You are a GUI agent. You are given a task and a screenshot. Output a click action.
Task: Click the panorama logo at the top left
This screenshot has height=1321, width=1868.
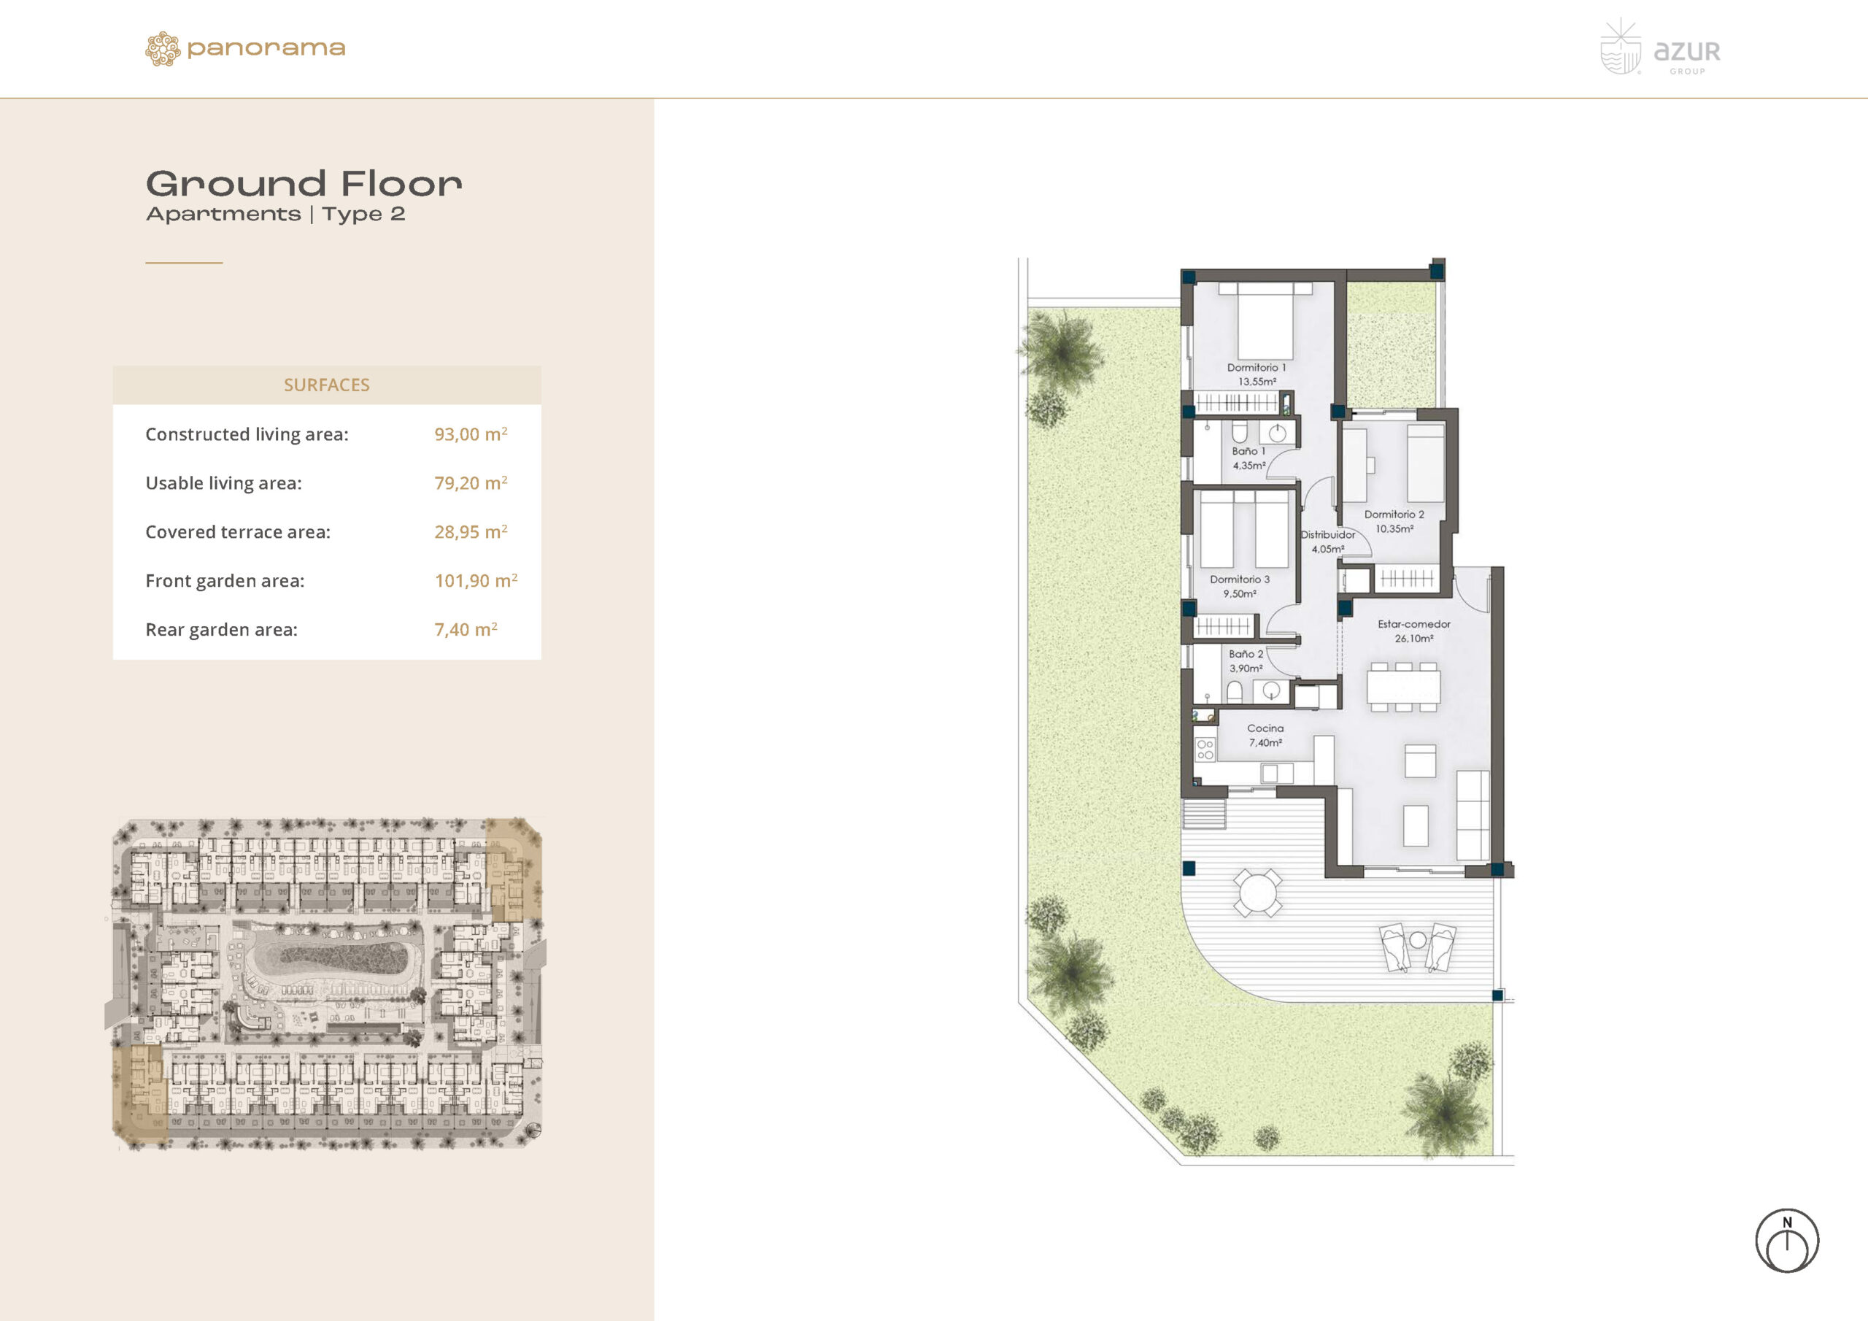[245, 49]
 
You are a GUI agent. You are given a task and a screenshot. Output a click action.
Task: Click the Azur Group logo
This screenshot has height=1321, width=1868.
[1660, 47]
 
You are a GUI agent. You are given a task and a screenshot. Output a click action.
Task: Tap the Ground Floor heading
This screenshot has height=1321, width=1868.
[304, 184]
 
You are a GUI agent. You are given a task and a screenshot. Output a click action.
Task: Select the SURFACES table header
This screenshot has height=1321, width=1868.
[326, 385]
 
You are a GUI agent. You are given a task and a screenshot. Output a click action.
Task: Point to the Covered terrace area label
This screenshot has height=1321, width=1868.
[238, 531]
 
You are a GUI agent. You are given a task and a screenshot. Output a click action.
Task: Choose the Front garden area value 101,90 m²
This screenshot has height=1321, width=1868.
[476, 580]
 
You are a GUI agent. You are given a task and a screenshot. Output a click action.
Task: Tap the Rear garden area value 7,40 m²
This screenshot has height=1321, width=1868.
[466, 629]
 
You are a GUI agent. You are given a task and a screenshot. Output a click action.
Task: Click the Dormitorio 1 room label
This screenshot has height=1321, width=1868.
[1257, 367]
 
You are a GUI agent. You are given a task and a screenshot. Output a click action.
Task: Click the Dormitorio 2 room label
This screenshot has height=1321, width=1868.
[1394, 515]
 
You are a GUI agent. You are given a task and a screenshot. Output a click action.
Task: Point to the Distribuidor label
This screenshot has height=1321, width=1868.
[1328, 535]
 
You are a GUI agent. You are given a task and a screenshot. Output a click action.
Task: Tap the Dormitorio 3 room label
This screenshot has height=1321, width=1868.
[1240, 579]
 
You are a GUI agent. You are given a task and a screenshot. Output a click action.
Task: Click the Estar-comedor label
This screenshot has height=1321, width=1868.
[1414, 624]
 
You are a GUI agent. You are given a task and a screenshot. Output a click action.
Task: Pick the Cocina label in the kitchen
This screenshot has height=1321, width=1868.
[1265, 728]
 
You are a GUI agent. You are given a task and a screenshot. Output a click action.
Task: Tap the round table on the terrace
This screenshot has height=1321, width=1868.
[1258, 893]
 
